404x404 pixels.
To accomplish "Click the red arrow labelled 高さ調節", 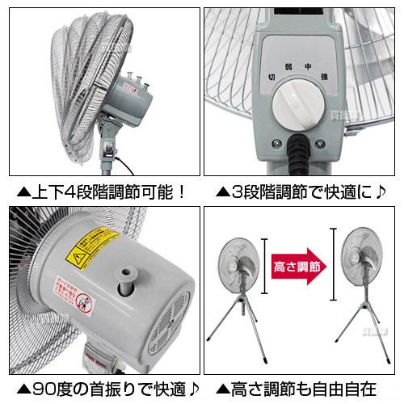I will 297,266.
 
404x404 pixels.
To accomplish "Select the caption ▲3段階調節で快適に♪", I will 300,194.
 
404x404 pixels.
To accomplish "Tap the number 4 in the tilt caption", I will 72,194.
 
